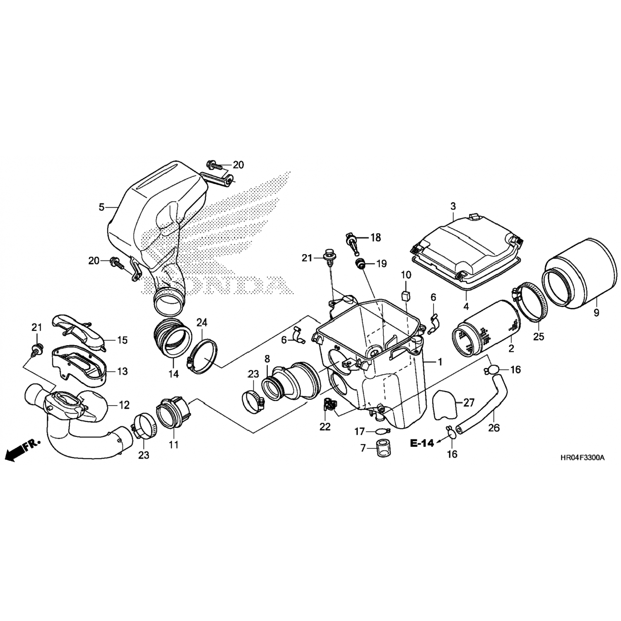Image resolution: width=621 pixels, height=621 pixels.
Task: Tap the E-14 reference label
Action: (x=422, y=443)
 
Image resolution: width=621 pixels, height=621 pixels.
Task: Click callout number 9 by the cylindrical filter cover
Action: (x=596, y=313)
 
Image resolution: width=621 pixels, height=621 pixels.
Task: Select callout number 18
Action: (x=375, y=238)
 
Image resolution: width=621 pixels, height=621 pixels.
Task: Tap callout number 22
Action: (x=325, y=426)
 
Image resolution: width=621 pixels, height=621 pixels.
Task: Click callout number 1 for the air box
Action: (x=440, y=362)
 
